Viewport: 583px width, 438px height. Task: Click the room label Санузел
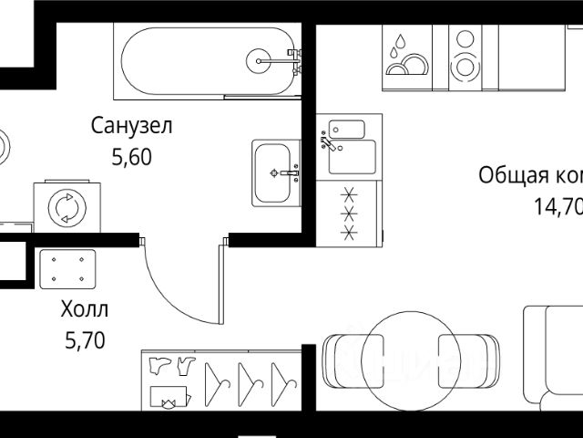pyautogui.click(x=132, y=126)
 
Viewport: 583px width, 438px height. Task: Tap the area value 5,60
pyautogui.click(x=131, y=156)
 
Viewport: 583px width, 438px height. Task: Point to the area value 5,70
pyautogui.click(x=86, y=341)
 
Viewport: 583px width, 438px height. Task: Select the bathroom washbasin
pyautogui.click(x=276, y=172)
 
